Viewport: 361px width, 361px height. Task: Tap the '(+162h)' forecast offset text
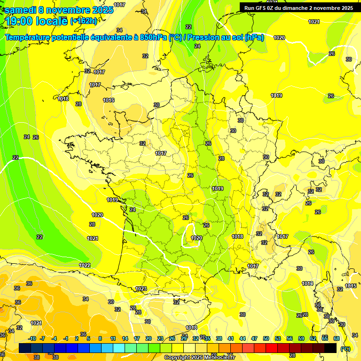[x=83, y=21]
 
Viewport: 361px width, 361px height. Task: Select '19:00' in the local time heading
[x=19, y=21]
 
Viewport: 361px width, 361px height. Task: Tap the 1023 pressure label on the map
[x=141, y=289]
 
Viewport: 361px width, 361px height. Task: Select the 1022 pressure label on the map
[x=85, y=265]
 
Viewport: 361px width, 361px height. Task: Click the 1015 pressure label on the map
[x=350, y=286]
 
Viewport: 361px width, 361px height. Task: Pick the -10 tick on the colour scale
[x=32, y=338]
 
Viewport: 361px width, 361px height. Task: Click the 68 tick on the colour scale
[x=336, y=338]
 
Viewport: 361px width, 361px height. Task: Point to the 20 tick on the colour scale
[x=148, y=338]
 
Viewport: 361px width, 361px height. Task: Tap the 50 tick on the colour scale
[x=266, y=338]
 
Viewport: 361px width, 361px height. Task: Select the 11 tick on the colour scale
[x=113, y=338]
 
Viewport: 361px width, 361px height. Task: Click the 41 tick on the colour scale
[x=230, y=338]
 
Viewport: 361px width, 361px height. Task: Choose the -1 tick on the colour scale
[x=66, y=338]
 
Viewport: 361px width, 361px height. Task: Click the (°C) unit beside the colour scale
[x=345, y=348]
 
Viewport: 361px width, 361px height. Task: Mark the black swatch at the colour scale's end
[x=330, y=348]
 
